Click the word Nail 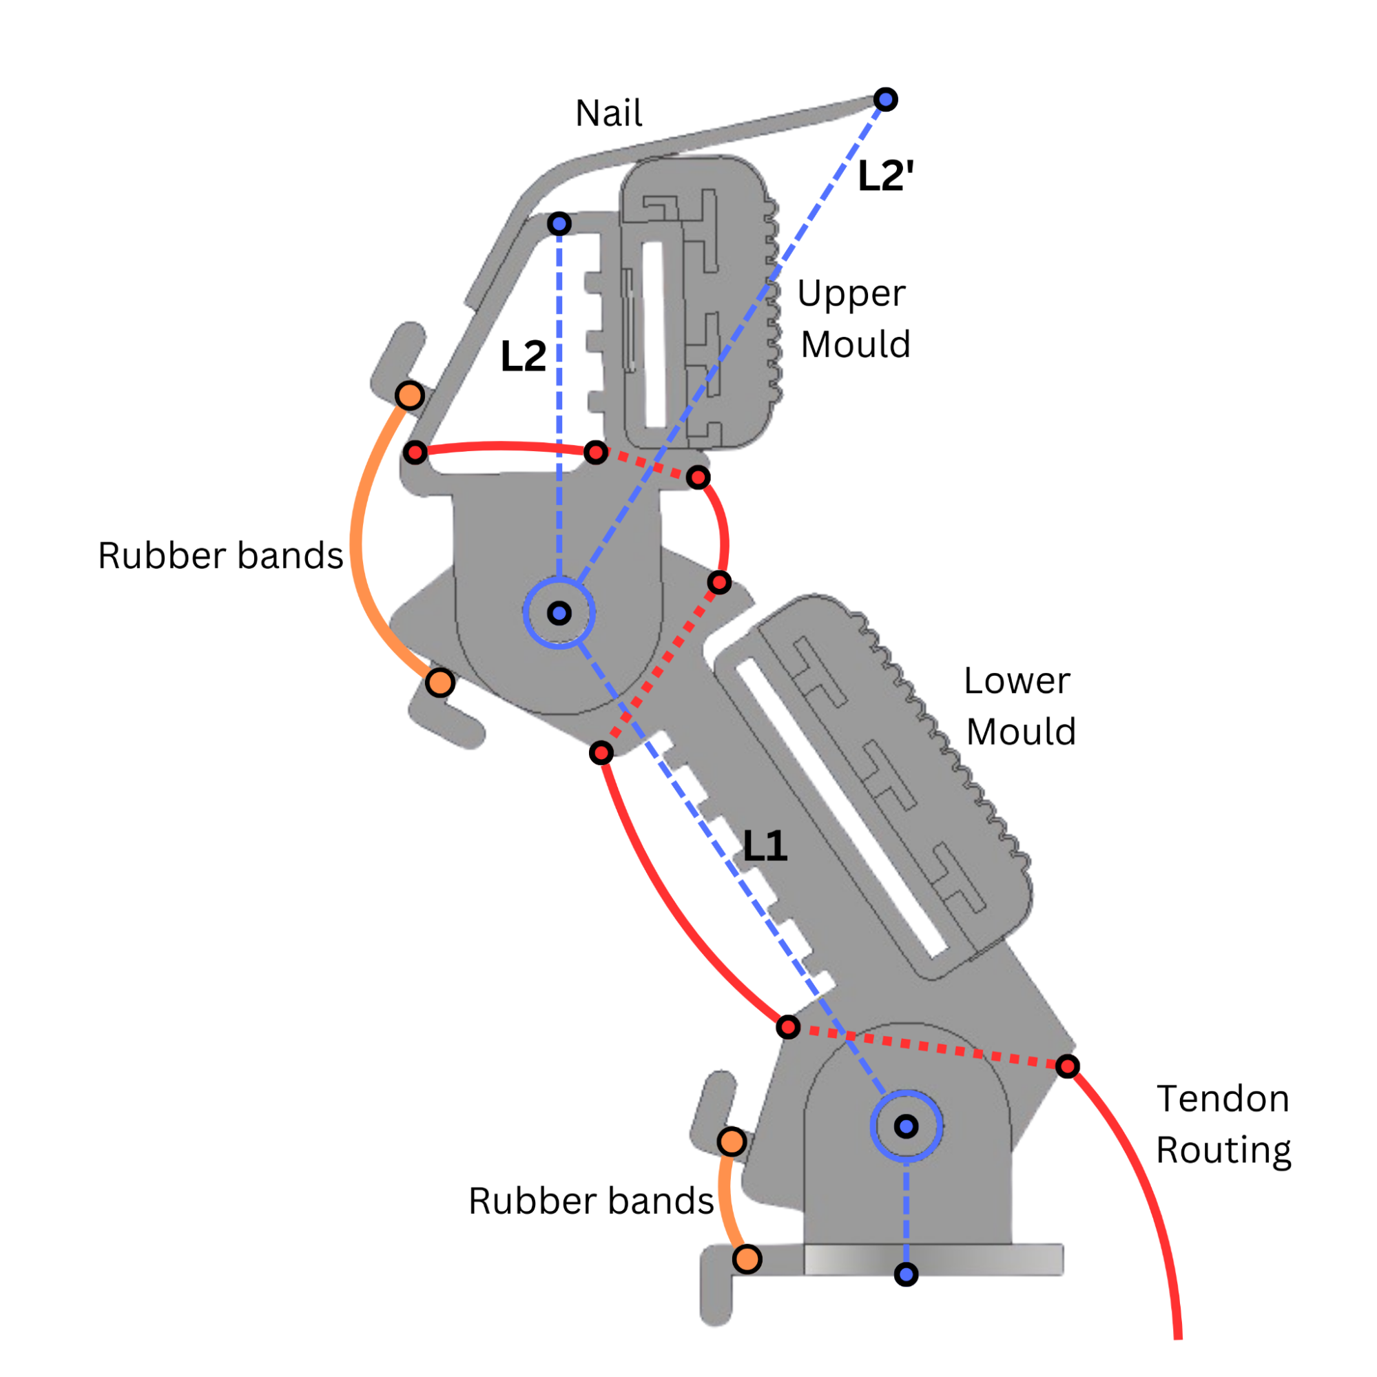pyautogui.click(x=608, y=114)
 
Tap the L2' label pyautogui.click(x=885, y=176)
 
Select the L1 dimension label pyautogui.click(x=765, y=846)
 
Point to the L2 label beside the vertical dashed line pyautogui.click(x=523, y=356)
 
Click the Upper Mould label pyautogui.click(x=854, y=319)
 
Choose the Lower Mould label pyautogui.click(x=1019, y=706)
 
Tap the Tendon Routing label pyautogui.click(x=1223, y=1124)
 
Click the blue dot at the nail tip pyautogui.click(x=885, y=100)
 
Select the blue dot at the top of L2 pyautogui.click(x=559, y=225)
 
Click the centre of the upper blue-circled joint pyautogui.click(x=559, y=613)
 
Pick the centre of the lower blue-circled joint pyautogui.click(x=906, y=1126)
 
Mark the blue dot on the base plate pyautogui.click(x=906, y=1274)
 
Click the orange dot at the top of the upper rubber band pyautogui.click(x=410, y=395)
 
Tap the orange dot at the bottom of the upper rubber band pyautogui.click(x=440, y=683)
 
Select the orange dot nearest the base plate pyautogui.click(x=747, y=1259)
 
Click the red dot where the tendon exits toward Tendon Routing pyautogui.click(x=1067, y=1066)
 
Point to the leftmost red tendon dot pyautogui.click(x=415, y=452)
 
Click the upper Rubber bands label pyautogui.click(x=220, y=556)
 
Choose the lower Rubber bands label pyautogui.click(x=591, y=1201)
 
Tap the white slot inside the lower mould pyautogui.click(x=841, y=809)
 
